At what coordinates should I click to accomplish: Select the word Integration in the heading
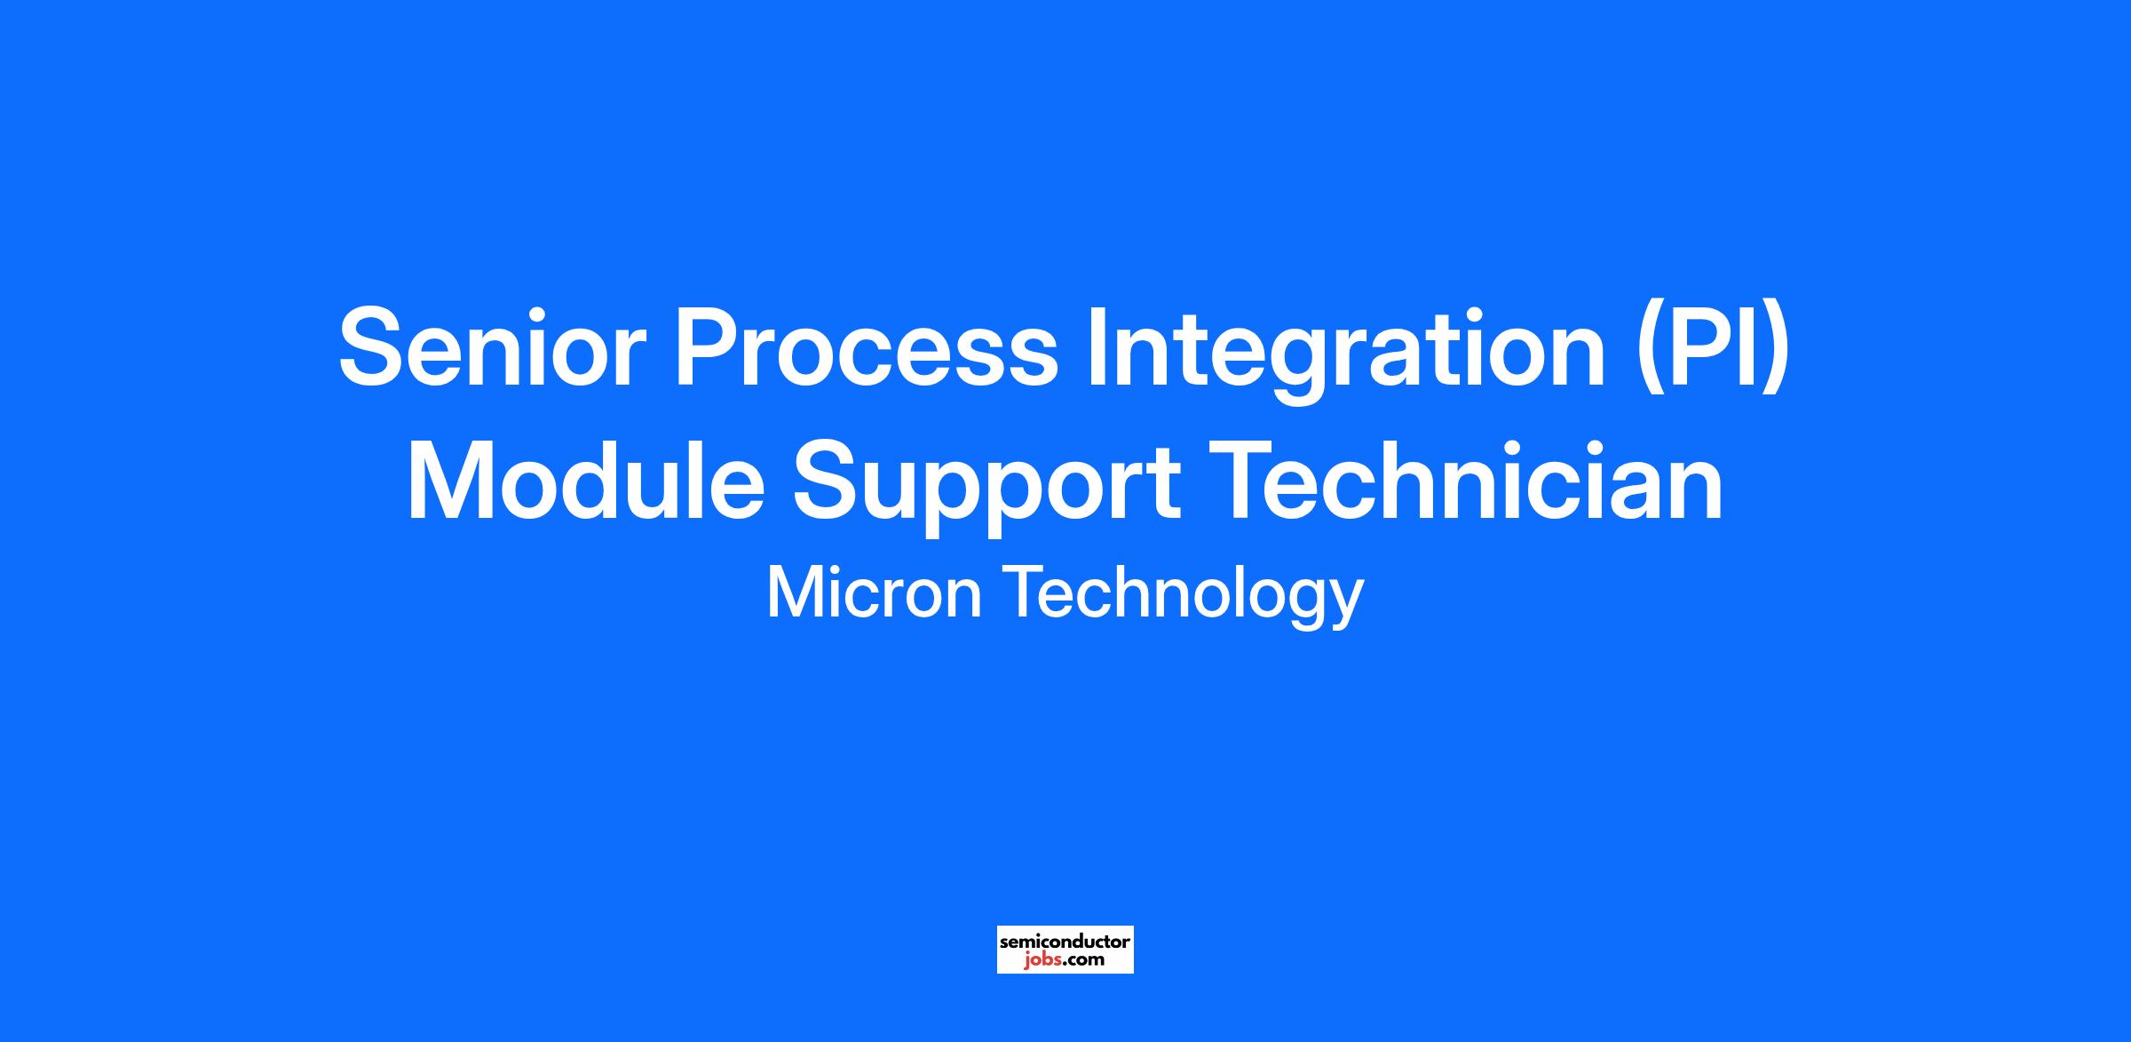pos(1347,353)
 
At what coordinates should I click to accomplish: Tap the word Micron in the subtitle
pos(874,593)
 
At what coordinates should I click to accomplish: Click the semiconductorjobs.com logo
pos(1065,949)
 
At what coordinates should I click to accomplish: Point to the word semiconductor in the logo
pos(1065,941)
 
